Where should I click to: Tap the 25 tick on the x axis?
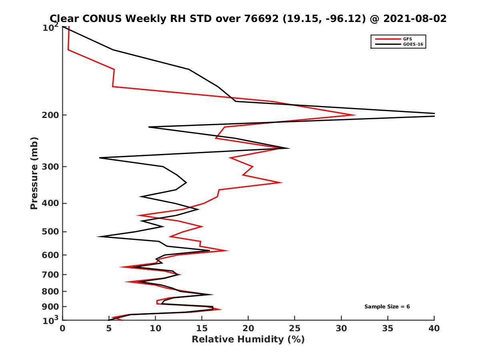(295, 328)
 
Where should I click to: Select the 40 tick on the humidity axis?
(434, 328)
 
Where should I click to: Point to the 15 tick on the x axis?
(202, 328)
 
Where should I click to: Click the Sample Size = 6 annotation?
(387, 307)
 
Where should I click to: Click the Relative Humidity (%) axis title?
(248, 340)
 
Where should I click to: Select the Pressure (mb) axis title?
(34, 173)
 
